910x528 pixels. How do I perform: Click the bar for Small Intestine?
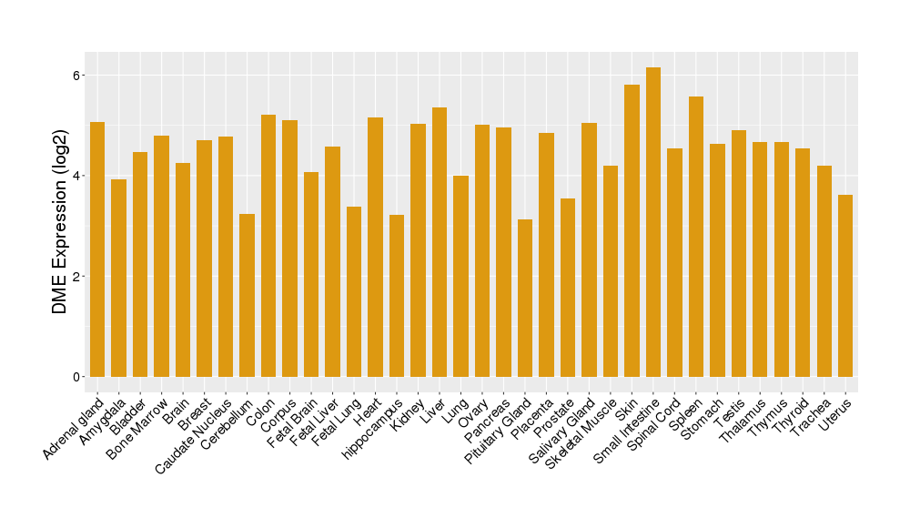point(653,222)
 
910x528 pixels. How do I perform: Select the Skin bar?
point(632,231)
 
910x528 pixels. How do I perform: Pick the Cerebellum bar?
point(247,295)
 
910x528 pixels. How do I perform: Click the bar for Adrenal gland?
point(97,249)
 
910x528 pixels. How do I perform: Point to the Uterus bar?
point(845,286)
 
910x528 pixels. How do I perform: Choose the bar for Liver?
point(440,242)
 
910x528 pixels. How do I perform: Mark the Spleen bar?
point(696,237)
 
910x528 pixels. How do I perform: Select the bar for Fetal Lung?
point(354,291)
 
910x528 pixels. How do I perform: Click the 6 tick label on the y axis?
point(78,75)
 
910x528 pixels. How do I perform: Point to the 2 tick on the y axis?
point(78,276)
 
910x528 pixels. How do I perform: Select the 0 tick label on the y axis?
point(78,377)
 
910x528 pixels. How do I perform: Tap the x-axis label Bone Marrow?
point(139,427)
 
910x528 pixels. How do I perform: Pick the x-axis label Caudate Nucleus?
point(196,435)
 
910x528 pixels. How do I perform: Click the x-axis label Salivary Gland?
point(563,431)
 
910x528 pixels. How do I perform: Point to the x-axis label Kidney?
point(408,414)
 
